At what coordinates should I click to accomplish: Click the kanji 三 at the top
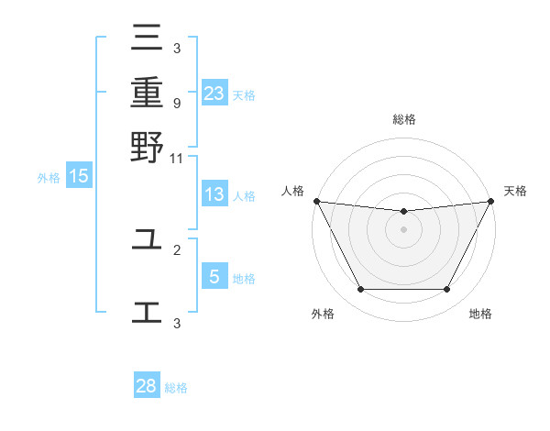coord(147,39)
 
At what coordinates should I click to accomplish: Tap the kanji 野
coord(147,147)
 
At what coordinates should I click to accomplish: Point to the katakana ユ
coord(147,240)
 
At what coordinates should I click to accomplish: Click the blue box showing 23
coord(214,94)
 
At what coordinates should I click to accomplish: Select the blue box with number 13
coord(214,194)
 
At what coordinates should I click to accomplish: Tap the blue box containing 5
coord(214,277)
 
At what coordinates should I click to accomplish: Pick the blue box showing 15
coord(79,176)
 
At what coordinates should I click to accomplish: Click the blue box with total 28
coord(147,386)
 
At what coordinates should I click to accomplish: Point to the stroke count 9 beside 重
coord(176,104)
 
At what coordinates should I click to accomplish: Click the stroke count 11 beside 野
coord(177,158)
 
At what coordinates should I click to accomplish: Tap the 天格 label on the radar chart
coord(515,191)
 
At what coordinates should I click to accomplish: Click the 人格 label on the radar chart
coord(292,191)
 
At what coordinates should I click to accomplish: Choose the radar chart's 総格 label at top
coord(403,119)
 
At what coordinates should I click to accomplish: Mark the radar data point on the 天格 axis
coord(491,201)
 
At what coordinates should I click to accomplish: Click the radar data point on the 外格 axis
coord(360,290)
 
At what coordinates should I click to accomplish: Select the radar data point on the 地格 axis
coord(447,290)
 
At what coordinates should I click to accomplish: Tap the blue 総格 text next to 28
coord(176,388)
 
